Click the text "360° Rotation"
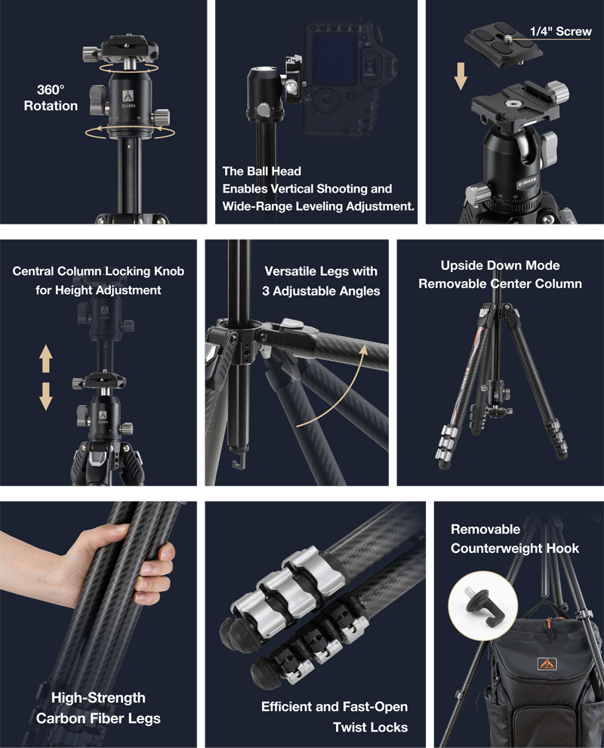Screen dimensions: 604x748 (x=51, y=97)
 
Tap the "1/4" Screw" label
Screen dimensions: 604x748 (x=561, y=32)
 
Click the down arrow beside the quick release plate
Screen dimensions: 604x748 (x=461, y=76)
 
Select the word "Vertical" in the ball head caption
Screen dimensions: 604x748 (x=291, y=189)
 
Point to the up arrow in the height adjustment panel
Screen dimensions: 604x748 (x=46, y=358)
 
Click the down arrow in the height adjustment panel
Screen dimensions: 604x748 (x=46, y=396)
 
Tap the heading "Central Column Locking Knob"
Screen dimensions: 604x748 (x=98, y=271)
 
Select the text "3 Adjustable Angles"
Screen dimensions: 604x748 (x=321, y=291)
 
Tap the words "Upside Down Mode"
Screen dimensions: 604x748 (x=500, y=265)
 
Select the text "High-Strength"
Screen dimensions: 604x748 (x=98, y=697)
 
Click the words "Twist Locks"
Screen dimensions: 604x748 (x=371, y=727)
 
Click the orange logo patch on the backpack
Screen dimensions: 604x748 (x=547, y=664)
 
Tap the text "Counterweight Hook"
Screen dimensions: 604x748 (x=515, y=549)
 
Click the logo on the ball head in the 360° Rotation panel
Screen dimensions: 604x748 (x=128, y=96)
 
